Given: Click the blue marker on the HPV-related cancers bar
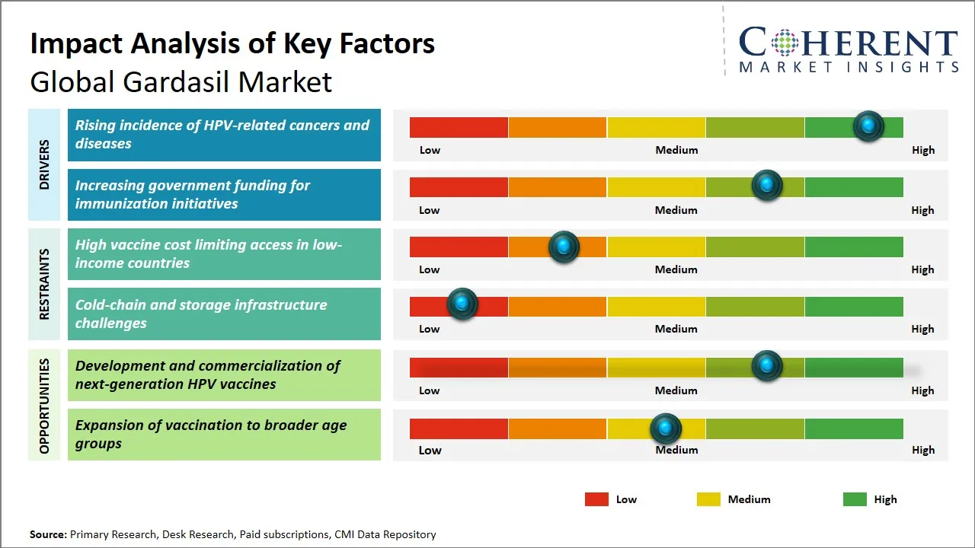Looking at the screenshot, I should pyautogui.click(x=868, y=126).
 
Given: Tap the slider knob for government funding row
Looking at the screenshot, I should pyautogui.click(x=767, y=186).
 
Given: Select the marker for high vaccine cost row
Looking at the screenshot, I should pyautogui.click(x=564, y=247).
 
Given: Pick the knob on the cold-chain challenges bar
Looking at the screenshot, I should pyautogui.click(x=462, y=304).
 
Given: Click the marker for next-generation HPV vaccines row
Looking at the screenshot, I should pyautogui.click(x=767, y=366).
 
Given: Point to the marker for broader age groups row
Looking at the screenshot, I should pyautogui.click(x=666, y=429).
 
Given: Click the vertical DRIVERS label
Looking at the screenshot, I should pyautogui.click(x=44, y=164).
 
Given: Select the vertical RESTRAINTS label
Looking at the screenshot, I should pyautogui.click(x=44, y=284).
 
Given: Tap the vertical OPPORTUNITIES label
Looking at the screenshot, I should pyautogui.click(x=44, y=406).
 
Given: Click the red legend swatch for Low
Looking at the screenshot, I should pyautogui.click(x=596, y=499).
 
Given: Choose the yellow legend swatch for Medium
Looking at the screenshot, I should pyautogui.click(x=708, y=499).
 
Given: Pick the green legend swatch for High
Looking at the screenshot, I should pyautogui.click(x=855, y=499).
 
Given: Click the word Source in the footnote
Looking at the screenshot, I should pyautogui.click(x=47, y=534).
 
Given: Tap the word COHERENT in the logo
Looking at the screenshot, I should pyautogui.click(x=849, y=43).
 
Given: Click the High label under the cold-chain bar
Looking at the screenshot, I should pyautogui.click(x=922, y=329).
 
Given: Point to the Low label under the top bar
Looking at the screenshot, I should pyautogui.click(x=430, y=150).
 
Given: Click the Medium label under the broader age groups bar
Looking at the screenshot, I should pyautogui.click(x=676, y=450).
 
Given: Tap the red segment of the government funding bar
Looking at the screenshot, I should pyautogui.click(x=459, y=186).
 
